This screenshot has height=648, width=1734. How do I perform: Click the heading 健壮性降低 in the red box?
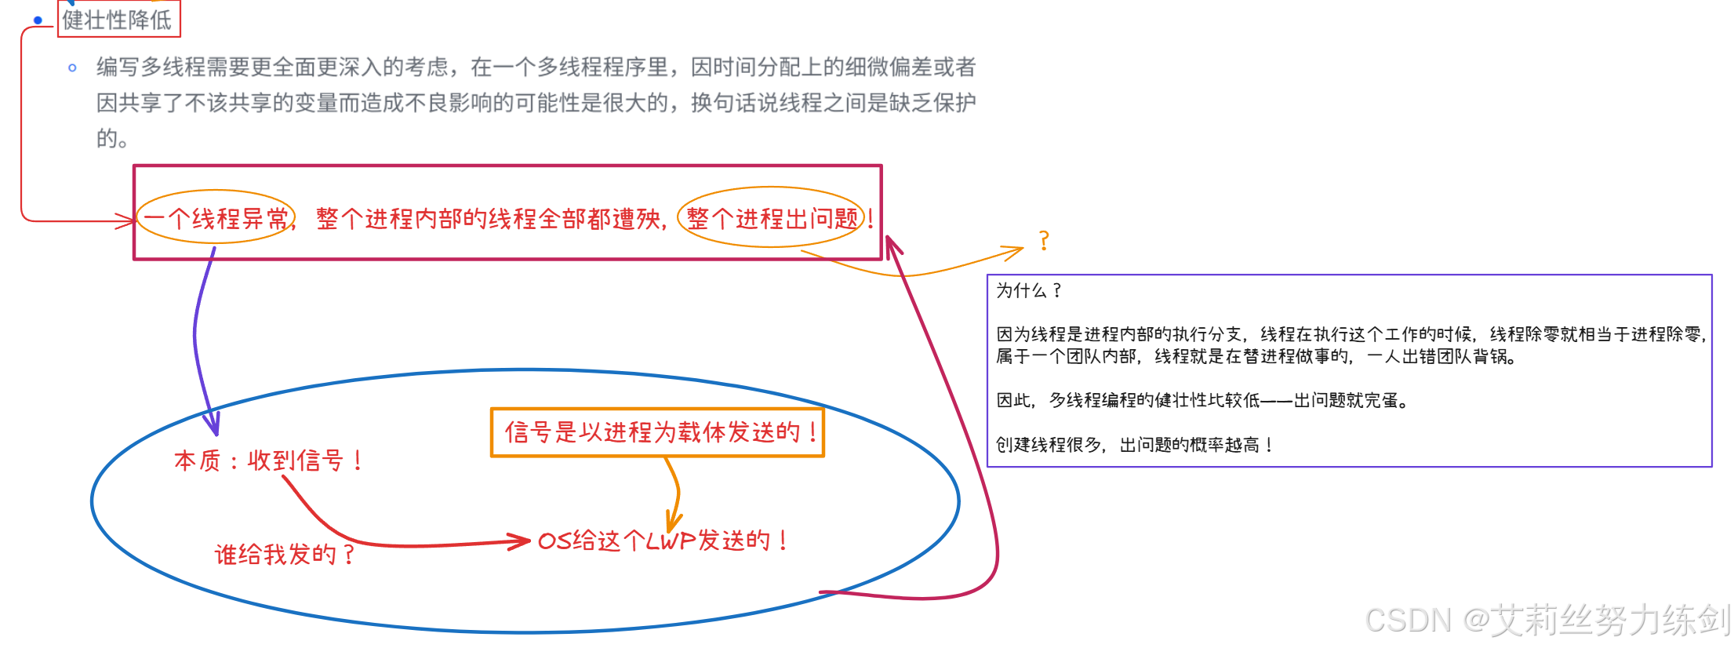tap(118, 20)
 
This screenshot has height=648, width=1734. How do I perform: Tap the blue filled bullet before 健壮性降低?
tap(38, 20)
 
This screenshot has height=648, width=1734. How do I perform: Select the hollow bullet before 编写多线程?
tap(72, 68)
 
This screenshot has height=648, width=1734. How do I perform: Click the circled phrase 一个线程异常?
tap(216, 218)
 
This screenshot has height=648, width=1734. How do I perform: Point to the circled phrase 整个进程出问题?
tap(772, 218)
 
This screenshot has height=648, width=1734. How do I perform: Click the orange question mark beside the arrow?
tap(1044, 241)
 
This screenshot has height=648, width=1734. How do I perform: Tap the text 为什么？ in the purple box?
tap(1028, 291)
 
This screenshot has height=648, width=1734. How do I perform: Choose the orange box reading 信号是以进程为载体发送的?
tap(657, 432)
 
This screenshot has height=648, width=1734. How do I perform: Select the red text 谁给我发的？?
tap(285, 555)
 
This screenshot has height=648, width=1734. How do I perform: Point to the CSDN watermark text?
tap(1545, 620)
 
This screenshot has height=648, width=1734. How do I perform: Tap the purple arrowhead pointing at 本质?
tap(213, 426)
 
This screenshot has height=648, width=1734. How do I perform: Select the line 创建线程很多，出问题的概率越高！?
tap(1133, 445)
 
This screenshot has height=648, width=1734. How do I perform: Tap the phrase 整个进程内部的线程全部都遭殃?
tap(490, 219)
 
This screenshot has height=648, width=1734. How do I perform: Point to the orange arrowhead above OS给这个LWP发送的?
tap(672, 522)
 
